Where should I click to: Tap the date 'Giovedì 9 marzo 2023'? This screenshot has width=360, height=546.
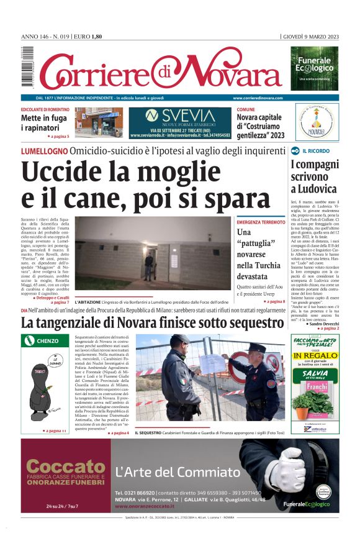310,36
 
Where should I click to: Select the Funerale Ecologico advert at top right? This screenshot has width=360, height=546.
315,68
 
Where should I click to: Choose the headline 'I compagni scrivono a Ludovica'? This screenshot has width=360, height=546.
314,176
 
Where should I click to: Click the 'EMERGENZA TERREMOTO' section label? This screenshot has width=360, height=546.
261,222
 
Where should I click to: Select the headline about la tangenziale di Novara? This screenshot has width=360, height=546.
153,323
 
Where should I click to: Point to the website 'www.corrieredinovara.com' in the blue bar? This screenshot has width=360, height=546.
258,98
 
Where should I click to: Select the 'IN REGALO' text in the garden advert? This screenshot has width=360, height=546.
315,357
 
